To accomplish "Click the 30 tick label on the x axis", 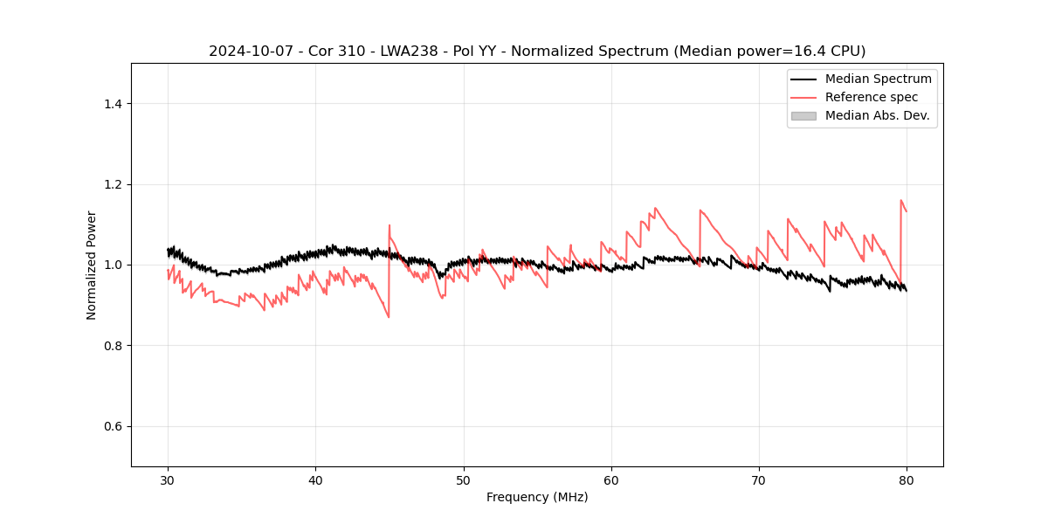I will click(169, 479).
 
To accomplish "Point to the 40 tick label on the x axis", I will click(316, 479).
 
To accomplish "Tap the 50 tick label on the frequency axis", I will click(464, 479).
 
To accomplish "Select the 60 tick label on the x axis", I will click(611, 479).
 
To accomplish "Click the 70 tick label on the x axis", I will click(759, 479).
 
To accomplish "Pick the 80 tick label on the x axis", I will click(907, 479).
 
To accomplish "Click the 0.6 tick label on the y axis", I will click(112, 426).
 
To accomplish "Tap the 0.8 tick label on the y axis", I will click(112, 346).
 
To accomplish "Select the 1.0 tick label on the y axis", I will click(112, 265).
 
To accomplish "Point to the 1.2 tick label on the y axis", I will click(112, 184).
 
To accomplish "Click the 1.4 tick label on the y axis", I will click(112, 104).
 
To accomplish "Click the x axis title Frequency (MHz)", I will click(537, 497).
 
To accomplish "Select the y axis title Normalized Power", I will click(92, 265).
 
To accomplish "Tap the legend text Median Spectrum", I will click(878, 79).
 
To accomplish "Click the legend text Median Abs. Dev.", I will click(877, 115).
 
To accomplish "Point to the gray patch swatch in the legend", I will click(803, 115).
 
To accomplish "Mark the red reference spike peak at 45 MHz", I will click(390, 225).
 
